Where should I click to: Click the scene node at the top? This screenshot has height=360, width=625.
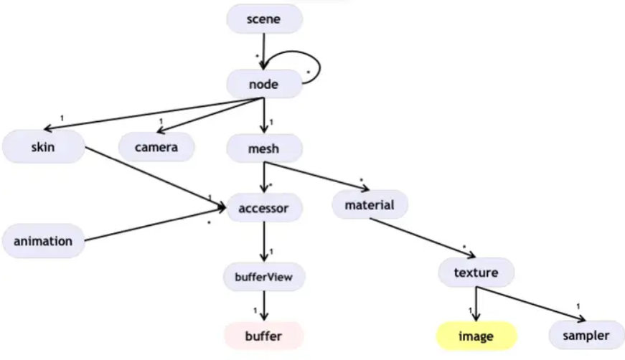tap(264, 19)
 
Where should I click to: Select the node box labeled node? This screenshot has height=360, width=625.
tap(263, 84)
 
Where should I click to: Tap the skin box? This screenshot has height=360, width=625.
tap(42, 148)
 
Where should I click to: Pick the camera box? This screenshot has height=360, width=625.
tap(156, 148)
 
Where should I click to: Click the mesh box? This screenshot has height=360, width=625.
tap(263, 148)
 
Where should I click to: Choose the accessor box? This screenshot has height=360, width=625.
tap(264, 209)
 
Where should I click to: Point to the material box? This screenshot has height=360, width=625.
tap(370, 205)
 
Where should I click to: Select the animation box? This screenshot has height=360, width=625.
tap(43, 241)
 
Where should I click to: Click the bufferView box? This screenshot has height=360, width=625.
tap(263, 276)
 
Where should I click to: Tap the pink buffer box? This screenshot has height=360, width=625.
tap(263, 336)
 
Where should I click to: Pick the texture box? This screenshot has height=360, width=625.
tap(476, 273)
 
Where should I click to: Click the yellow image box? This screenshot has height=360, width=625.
tap(476, 336)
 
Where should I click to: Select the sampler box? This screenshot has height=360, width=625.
tap(586, 335)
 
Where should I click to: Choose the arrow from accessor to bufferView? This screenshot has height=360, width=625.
tap(264, 242)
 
